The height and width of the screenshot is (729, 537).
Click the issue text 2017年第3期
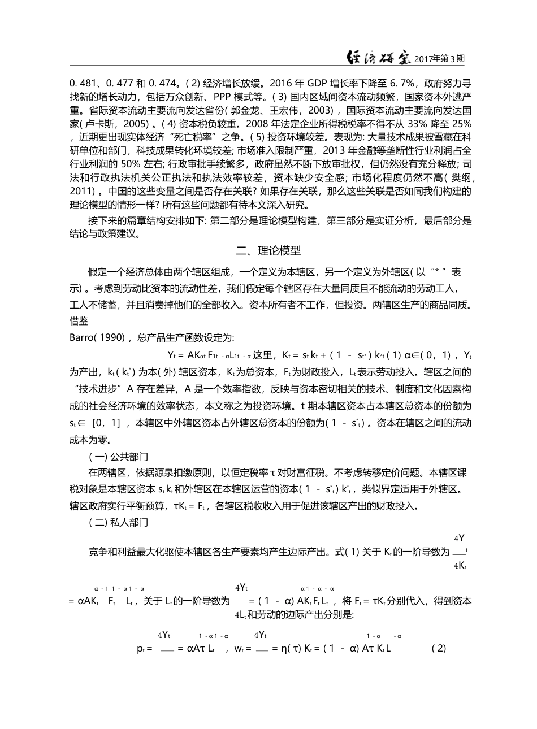[440, 59]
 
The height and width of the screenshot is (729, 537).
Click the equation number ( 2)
[439, 648]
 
